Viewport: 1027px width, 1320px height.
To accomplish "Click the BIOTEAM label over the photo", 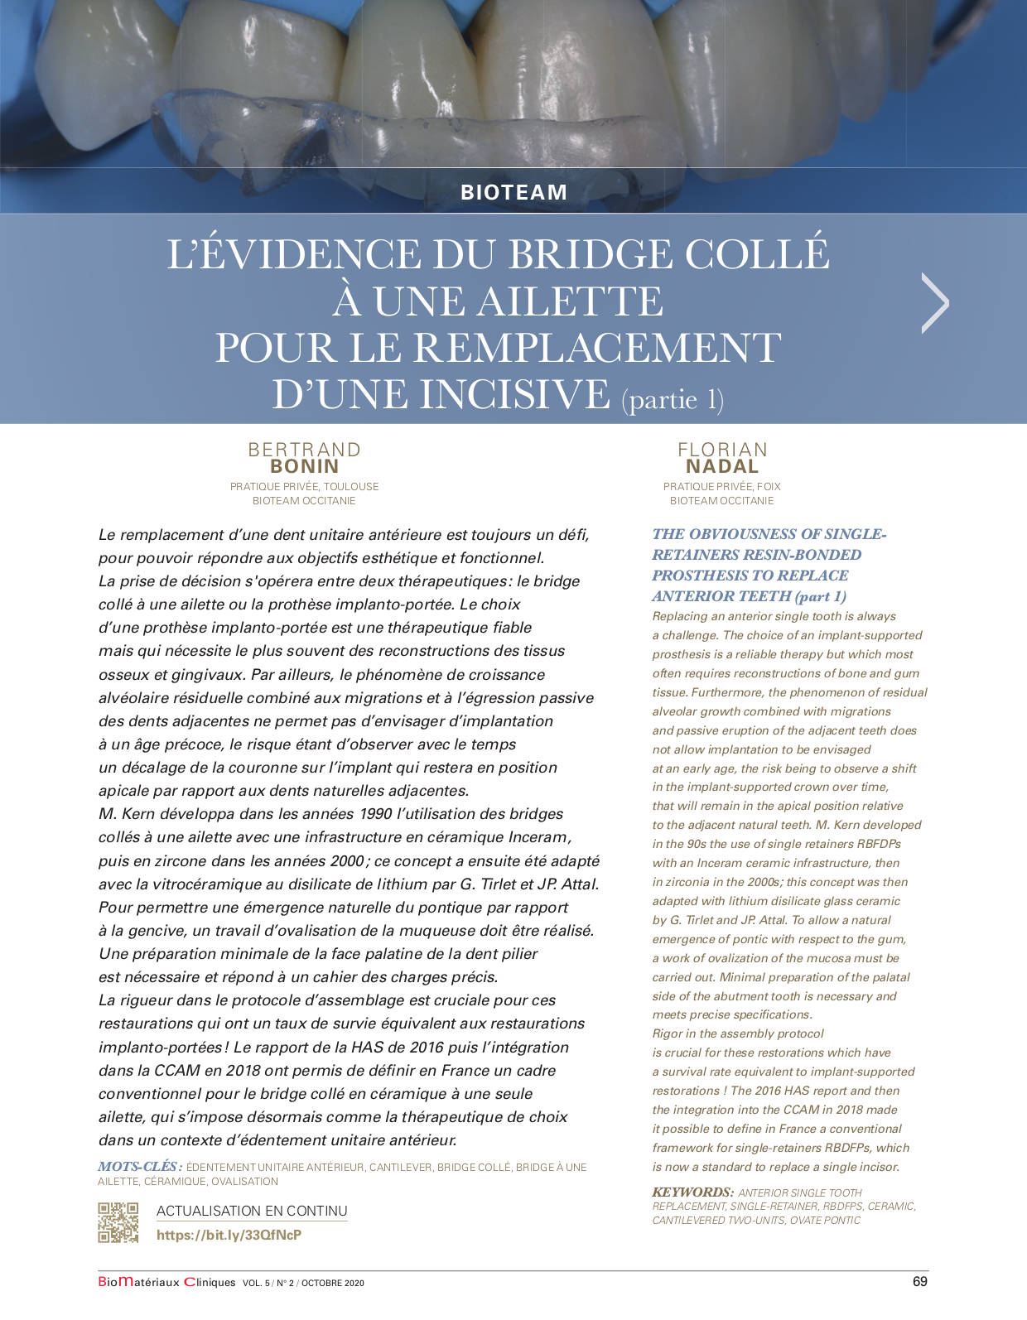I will click(513, 192).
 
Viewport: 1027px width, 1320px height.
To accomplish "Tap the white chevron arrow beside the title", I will click(935, 303).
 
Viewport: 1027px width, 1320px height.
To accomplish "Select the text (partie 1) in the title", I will click(673, 399).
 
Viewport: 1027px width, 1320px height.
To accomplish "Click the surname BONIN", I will click(305, 466).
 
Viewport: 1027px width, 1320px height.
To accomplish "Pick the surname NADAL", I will click(722, 466).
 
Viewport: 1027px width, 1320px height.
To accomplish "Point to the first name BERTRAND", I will click(305, 450).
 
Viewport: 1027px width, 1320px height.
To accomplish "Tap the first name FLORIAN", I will click(722, 450).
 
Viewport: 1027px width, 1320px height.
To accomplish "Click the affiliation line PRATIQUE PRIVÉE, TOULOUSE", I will click(305, 487).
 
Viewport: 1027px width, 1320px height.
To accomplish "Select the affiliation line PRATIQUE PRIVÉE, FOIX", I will click(722, 487).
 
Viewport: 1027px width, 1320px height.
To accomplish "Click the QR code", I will click(118, 1222).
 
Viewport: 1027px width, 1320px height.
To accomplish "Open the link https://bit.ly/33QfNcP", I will click(229, 1235).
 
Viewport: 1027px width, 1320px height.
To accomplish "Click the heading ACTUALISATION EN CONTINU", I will click(252, 1211).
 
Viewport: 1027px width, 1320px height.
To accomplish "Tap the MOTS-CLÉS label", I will click(139, 1167).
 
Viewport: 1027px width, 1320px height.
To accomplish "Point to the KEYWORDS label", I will click(692, 1192).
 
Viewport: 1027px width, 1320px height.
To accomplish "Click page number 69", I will click(919, 1282).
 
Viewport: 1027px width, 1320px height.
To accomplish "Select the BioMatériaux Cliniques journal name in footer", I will click(166, 1283).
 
